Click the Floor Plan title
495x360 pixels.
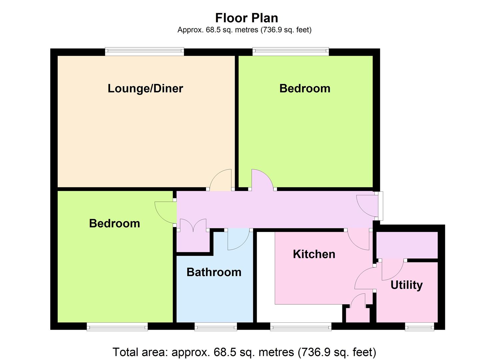tap(247, 18)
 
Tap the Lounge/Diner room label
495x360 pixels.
tap(145, 89)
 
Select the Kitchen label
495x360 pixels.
tap(314, 254)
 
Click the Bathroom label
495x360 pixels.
tap(214, 272)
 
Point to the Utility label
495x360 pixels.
tap(407, 285)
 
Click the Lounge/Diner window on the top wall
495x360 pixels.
tap(144, 51)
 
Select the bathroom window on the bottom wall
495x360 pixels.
tap(216, 326)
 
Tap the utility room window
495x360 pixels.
tap(419, 326)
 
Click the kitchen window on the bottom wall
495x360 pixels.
tap(301, 326)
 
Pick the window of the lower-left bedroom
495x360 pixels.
tap(117, 326)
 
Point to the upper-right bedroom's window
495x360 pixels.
tap(291, 51)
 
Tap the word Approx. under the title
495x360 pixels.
tap(190, 30)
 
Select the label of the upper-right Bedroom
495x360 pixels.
tap(305, 88)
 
